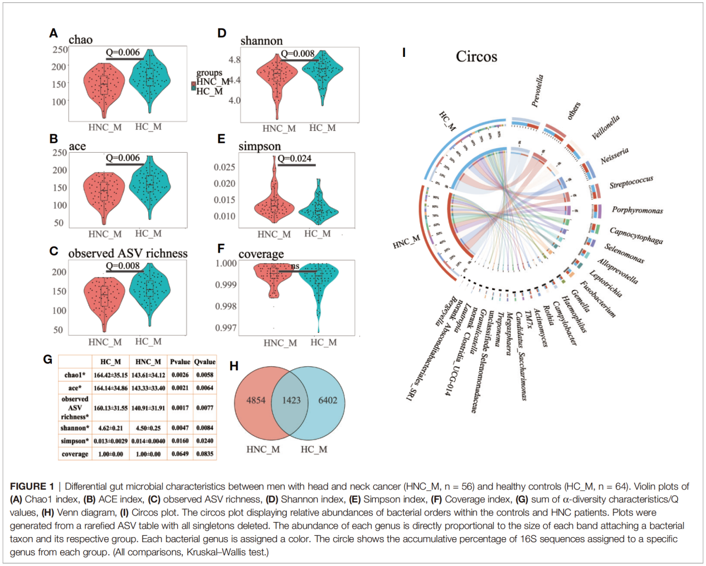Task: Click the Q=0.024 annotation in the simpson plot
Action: (295, 158)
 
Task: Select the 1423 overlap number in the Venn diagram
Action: (291, 400)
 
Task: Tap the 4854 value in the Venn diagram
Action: (256, 400)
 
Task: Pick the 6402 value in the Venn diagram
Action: (328, 400)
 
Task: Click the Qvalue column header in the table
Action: (205, 362)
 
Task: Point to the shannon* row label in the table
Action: (75, 428)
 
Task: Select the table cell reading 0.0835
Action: (205, 454)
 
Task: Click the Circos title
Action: (476, 56)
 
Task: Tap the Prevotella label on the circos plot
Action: (537, 91)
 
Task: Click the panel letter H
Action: (234, 366)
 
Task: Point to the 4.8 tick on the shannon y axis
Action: (234, 60)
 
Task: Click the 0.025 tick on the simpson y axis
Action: (225, 167)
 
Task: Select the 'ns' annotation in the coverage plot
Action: (295, 266)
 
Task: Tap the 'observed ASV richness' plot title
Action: (128, 253)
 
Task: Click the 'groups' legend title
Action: (209, 73)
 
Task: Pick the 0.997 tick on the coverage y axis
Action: (226, 328)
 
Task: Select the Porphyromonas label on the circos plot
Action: (637, 210)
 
